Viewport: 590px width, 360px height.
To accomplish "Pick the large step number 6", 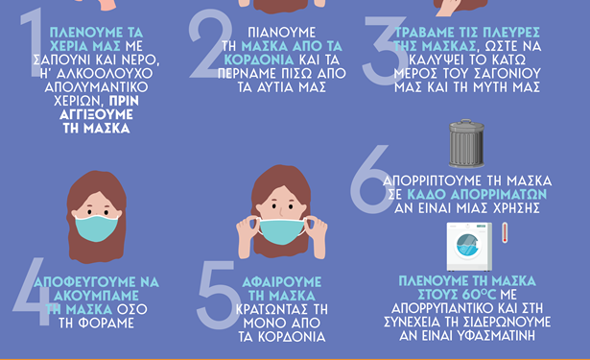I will [370, 178].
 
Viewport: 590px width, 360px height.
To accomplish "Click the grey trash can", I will [468, 145].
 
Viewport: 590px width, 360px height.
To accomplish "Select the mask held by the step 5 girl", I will [281, 230].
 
